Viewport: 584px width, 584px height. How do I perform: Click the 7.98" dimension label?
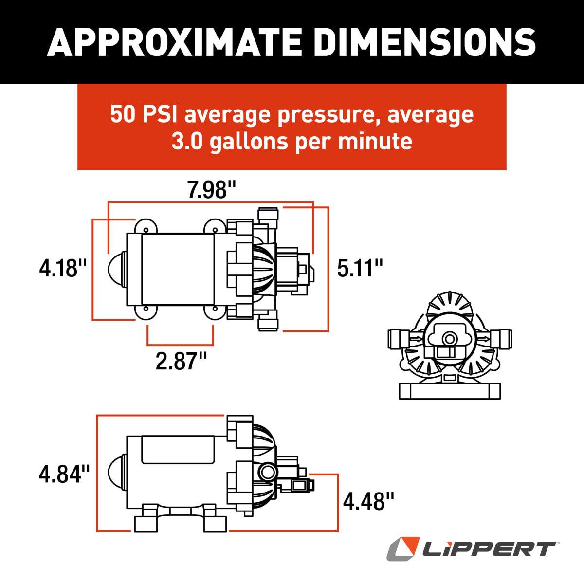[208, 190]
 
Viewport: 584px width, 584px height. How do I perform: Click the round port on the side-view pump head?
[267, 471]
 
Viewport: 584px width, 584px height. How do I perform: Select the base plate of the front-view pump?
[449, 390]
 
